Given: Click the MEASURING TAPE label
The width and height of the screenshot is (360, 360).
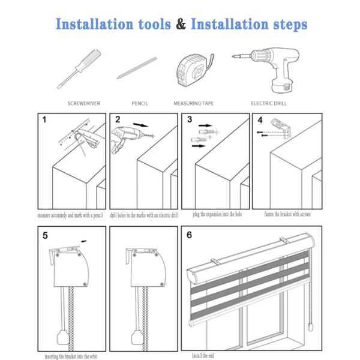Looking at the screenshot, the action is [194, 103].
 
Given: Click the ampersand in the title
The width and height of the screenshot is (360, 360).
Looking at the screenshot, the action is [180, 25].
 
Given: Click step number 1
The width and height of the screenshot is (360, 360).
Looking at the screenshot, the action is [44, 120].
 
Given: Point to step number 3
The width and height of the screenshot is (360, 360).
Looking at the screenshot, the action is [190, 119].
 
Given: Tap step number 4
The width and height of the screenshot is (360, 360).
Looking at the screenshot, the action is [260, 119].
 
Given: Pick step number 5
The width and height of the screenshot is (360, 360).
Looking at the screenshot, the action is [46, 235].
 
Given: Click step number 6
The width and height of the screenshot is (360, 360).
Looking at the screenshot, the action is [190, 235].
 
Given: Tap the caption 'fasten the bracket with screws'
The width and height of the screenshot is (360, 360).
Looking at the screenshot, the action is [287, 214].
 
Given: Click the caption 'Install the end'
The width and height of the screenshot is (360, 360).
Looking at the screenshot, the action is [205, 356].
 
